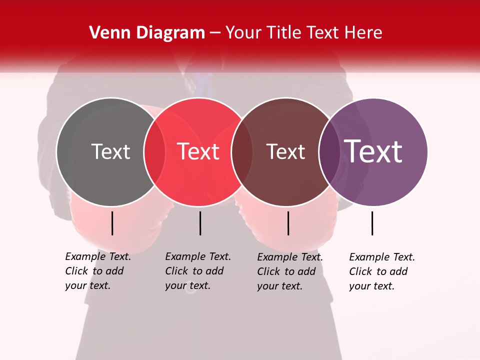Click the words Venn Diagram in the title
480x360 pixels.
[147, 33]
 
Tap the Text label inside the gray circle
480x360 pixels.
[110, 151]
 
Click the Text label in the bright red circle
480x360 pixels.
[198, 151]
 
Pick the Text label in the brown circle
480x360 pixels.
[285, 151]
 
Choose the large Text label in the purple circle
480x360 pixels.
[373, 151]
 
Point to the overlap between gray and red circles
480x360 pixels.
[154, 152]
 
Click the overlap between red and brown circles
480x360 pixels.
[242, 152]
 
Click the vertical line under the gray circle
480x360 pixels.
[112, 223]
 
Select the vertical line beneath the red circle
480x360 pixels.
[200, 223]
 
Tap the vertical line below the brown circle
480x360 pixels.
[288, 223]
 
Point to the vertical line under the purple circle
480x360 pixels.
[372, 223]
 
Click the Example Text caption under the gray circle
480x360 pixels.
[98, 256]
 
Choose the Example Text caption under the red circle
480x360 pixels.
[198, 256]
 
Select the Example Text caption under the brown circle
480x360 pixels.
[290, 257]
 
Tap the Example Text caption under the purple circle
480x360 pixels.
[382, 257]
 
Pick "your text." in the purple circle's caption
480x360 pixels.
[371, 286]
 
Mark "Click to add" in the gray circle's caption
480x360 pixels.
[94, 271]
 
